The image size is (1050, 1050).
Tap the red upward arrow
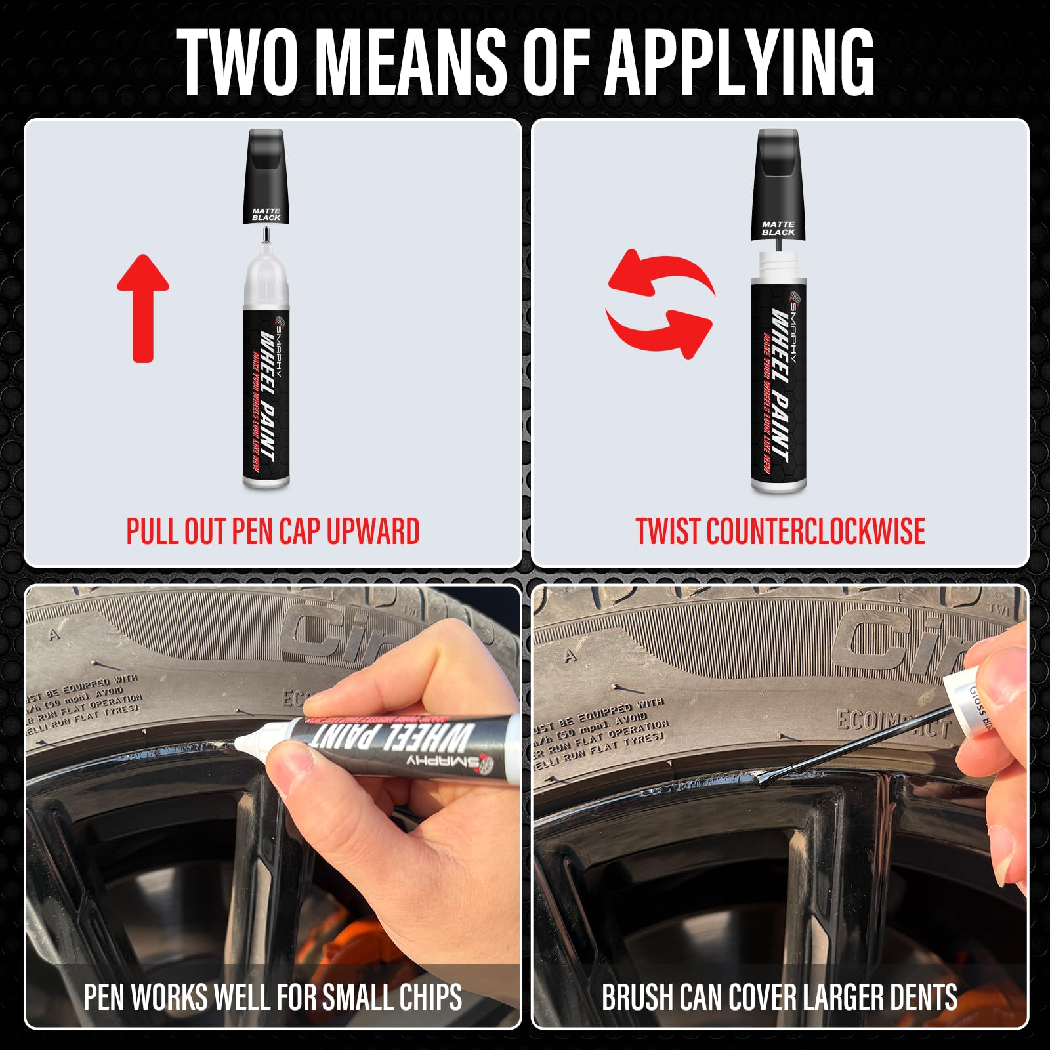143,308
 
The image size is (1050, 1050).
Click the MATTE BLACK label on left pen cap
266,214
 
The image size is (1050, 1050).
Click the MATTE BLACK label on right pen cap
778,228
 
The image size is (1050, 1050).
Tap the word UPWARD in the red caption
373,532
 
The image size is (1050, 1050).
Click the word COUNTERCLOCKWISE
816,532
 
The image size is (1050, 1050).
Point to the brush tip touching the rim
765,781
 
